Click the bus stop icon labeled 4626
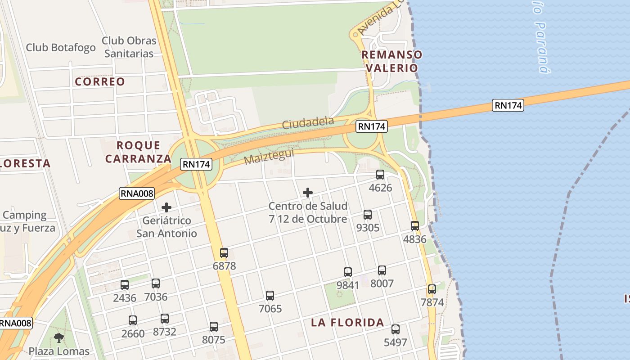point(380,175)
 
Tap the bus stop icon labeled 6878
point(224,253)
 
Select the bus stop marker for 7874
point(432,289)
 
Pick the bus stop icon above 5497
point(396,329)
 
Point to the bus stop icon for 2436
point(125,285)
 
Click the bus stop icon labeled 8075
point(214,327)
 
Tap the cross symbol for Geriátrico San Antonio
point(166,207)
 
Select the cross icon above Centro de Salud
point(308,193)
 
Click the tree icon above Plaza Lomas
point(58,337)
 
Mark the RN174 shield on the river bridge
point(508,105)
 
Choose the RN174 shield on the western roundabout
point(196,164)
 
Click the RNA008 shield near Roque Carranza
point(137,193)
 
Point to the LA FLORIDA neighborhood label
point(348,322)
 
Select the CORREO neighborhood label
point(100,81)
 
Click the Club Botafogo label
point(61,47)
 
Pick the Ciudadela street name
point(308,123)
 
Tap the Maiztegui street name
point(269,157)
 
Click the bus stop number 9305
point(368,228)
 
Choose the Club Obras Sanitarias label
point(129,47)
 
